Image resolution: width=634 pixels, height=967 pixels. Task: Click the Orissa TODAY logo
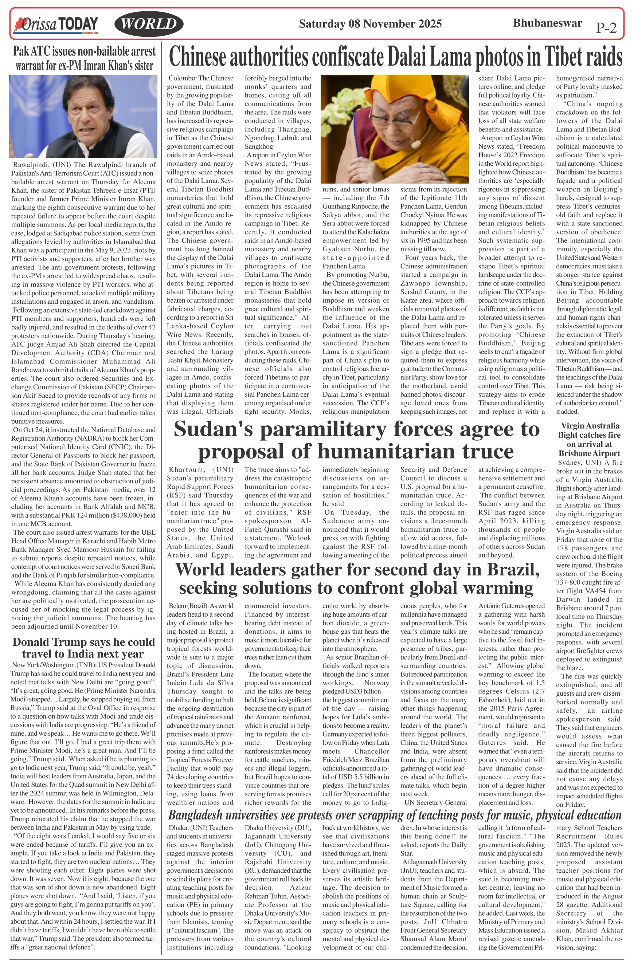tap(56, 24)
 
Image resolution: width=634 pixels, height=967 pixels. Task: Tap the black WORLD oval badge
tap(149, 24)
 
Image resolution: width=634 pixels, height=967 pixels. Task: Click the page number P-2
tap(606, 27)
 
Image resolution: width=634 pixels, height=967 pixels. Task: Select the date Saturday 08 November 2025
tap(370, 24)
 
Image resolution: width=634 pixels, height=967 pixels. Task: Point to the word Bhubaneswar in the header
tap(547, 23)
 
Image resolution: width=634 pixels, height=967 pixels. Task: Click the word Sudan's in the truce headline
tap(214, 429)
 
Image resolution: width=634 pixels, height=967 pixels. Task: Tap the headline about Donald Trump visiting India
tap(83, 648)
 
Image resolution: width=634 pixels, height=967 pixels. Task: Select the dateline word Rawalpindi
tap(31, 165)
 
